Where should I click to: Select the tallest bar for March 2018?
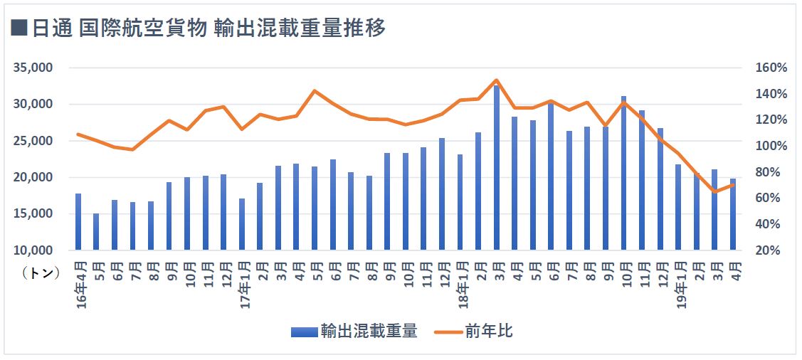[x=497, y=167]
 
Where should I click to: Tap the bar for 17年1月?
[x=242, y=224]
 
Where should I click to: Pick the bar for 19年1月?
[x=679, y=207]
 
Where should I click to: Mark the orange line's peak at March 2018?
[x=497, y=80]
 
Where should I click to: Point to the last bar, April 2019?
[x=733, y=214]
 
